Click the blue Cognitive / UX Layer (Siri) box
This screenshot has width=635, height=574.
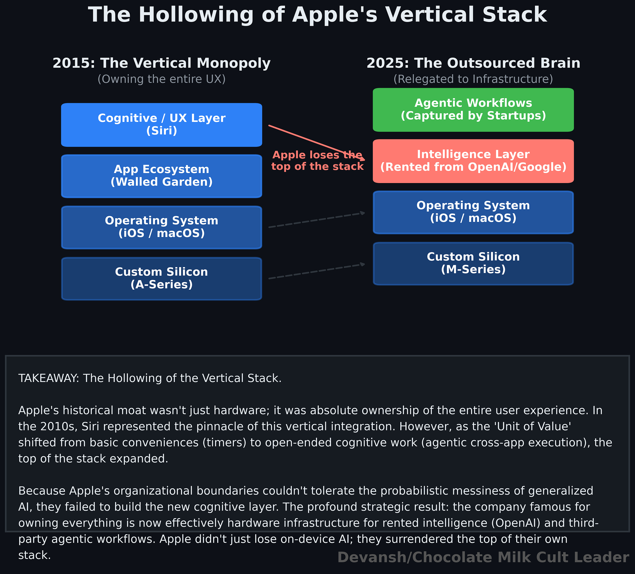point(161,125)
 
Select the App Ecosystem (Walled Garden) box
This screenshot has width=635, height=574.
point(161,176)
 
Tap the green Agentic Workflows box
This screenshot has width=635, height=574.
point(473,110)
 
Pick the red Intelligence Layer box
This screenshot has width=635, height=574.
point(473,161)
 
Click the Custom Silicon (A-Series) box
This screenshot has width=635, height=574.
point(161,279)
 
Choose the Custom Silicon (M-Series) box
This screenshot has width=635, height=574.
point(473,263)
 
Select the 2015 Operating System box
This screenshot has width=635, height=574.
point(161,227)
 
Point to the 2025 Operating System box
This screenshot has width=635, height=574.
point(473,212)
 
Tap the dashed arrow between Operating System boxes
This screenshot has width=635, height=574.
point(316,220)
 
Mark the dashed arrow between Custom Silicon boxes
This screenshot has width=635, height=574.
point(316,271)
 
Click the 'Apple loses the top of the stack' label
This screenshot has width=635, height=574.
point(317,161)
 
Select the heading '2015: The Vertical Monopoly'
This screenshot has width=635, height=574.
point(161,63)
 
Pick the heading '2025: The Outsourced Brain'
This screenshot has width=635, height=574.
point(473,63)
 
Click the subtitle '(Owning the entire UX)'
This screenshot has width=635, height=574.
point(161,79)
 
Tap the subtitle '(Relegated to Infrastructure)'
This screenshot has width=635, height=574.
point(473,79)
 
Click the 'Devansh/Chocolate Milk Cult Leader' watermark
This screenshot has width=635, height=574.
point(483,557)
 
